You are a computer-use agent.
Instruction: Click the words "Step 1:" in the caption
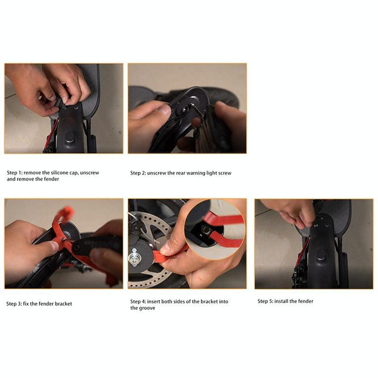(x=16, y=172)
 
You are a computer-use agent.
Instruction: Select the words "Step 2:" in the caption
(x=139, y=173)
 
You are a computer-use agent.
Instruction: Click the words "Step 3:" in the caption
(x=16, y=304)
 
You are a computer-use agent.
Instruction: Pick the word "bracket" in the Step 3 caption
(x=62, y=304)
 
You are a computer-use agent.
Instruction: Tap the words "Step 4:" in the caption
(x=139, y=301)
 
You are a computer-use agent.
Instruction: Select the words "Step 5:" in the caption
(x=266, y=301)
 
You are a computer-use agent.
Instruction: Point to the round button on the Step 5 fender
(x=320, y=256)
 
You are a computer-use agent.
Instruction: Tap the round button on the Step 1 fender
(x=69, y=136)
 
